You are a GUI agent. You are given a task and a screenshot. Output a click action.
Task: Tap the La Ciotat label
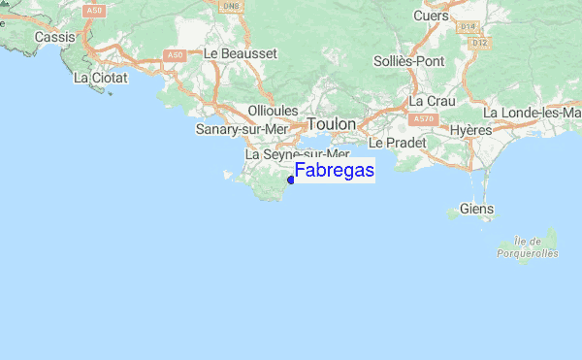tap(97, 77)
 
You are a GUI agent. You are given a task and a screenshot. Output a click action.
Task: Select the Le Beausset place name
tap(242, 53)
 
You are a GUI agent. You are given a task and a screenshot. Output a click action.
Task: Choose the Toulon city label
tap(332, 125)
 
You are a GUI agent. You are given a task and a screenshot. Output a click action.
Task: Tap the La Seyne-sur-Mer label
tap(297, 154)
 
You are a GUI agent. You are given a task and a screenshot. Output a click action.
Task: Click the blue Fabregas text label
tap(335, 171)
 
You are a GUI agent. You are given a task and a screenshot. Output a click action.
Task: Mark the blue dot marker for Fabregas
tap(291, 179)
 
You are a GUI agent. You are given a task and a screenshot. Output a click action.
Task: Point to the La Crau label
tap(432, 101)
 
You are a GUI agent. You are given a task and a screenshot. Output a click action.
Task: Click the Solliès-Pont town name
tap(407, 60)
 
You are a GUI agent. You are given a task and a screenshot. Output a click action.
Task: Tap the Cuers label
tap(432, 16)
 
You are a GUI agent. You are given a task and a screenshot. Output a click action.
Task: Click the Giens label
tap(476, 209)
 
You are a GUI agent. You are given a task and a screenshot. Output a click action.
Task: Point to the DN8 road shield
tap(231, 6)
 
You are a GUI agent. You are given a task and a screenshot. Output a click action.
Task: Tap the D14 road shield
tap(469, 26)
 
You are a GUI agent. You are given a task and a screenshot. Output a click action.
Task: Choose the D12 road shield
tap(478, 43)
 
